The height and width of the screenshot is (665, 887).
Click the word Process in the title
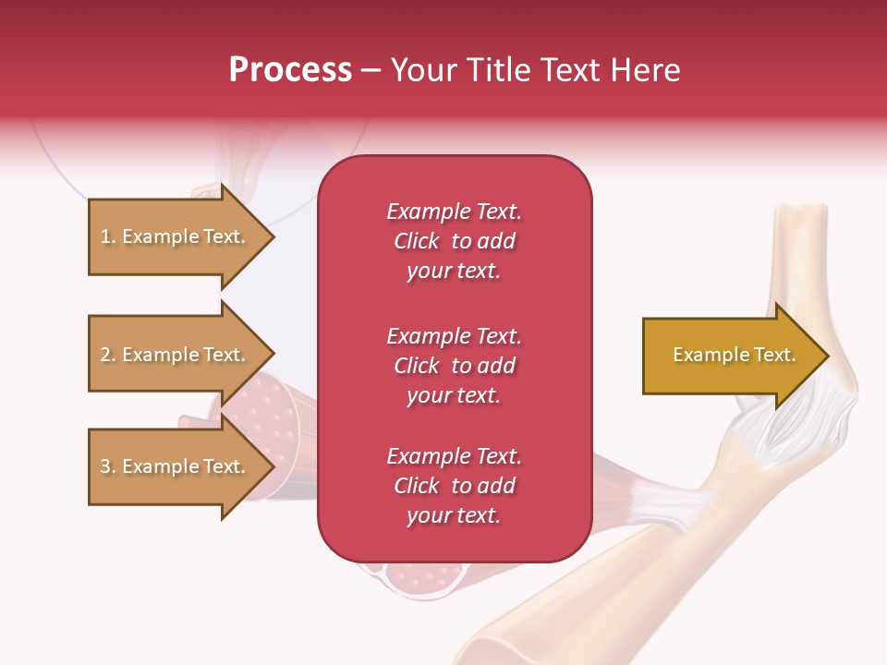click(290, 70)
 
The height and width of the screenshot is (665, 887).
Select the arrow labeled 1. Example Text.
click(176, 236)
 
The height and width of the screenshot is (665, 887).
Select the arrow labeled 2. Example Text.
click(176, 355)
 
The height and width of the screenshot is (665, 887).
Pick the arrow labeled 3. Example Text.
click(176, 466)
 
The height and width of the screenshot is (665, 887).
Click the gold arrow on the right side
click(730, 356)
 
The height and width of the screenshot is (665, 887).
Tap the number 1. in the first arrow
click(108, 236)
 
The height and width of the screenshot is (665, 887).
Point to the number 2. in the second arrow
click(108, 355)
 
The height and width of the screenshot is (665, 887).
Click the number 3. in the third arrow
click(108, 466)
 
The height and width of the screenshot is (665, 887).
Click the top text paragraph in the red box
click(454, 241)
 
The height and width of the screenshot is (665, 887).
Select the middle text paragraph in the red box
click(454, 366)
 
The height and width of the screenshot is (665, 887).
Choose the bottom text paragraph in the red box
click(454, 486)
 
